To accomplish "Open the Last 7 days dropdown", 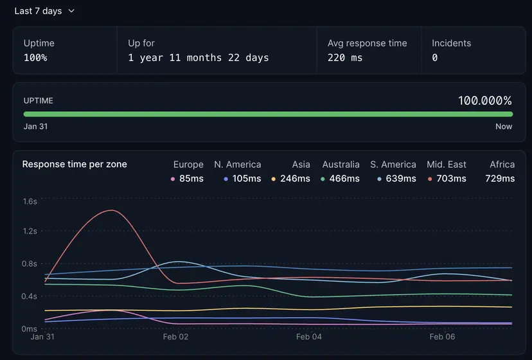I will tap(44, 11).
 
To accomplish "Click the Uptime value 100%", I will tap(35, 58).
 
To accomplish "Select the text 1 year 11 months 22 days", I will tap(198, 58).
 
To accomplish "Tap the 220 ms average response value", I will tap(345, 58).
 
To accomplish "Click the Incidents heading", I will tap(451, 43).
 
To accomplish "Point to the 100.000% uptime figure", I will tap(484, 100).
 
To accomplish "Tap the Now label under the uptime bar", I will tap(504, 127).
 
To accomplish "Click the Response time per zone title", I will tap(75, 164).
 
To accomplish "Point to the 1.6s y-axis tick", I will tap(30, 201).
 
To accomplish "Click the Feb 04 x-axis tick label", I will tap(308, 337).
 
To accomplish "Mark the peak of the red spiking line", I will tap(112, 210).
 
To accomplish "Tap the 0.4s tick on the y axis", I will tap(30, 296).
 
